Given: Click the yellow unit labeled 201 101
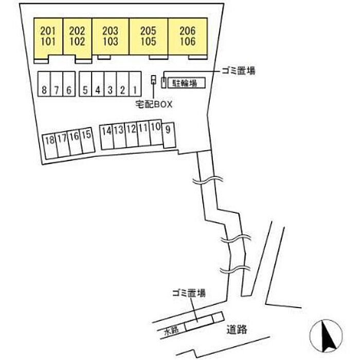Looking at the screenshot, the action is pyautogui.click(x=48, y=37).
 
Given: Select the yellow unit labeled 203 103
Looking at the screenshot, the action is pyautogui.click(x=111, y=37).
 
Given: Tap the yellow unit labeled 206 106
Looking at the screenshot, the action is pyautogui.click(x=188, y=37).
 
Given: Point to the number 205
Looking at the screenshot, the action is pyautogui.click(x=148, y=31).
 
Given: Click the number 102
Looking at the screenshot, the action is pyautogui.click(x=77, y=42).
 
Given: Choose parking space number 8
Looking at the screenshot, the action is pyautogui.click(x=44, y=84).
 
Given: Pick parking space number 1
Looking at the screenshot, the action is pyautogui.click(x=135, y=84).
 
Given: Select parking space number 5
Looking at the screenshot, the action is pyautogui.click(x=85, y=84).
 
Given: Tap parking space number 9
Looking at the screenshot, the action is pyautogui.click(x=169, y=135).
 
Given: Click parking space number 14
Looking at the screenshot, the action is pyautogui.click(x=107, y=137).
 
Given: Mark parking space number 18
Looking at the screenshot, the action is pyautogui.click(x=50, y=146).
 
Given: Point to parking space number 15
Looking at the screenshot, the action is pyautogui.click(x=87, y=140).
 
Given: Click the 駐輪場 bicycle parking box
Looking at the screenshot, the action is pyautogui.click(x=186, y=83).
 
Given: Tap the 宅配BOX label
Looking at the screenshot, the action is pyautogui.click(x=154, y=104).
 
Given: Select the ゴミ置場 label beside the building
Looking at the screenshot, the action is pyautogui.click(x=238, y=71).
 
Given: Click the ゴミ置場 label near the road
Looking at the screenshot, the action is pyautogui.click(x=189, y=293).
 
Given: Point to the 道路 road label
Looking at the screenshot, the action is pyautogui.click(x=237, y=330).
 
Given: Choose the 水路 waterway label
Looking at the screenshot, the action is pyautogui.click(x=171, y=331).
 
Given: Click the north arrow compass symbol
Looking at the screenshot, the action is pyautogui.click(x=326, y=336).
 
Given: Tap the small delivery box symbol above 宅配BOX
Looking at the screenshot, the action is pyautogui.click(x=153, y=80).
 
